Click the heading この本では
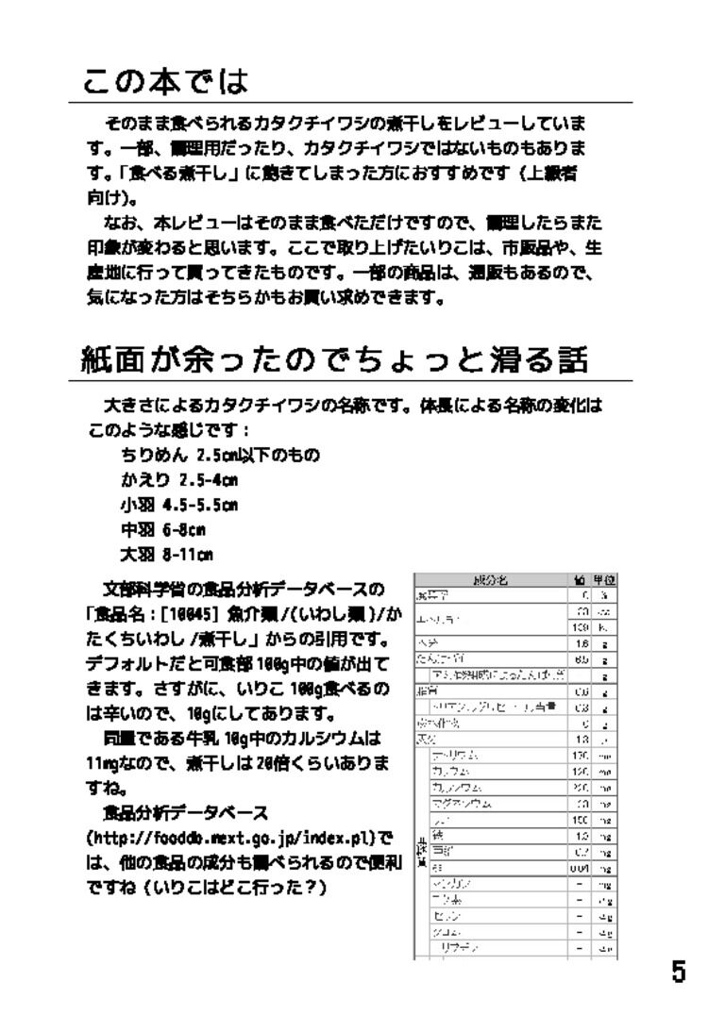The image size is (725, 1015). click(x=166, y=81)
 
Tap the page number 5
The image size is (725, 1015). click(x=678, y=972)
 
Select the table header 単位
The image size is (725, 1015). click(x=604, y=581)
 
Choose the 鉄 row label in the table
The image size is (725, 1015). click(x=436, y=836)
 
